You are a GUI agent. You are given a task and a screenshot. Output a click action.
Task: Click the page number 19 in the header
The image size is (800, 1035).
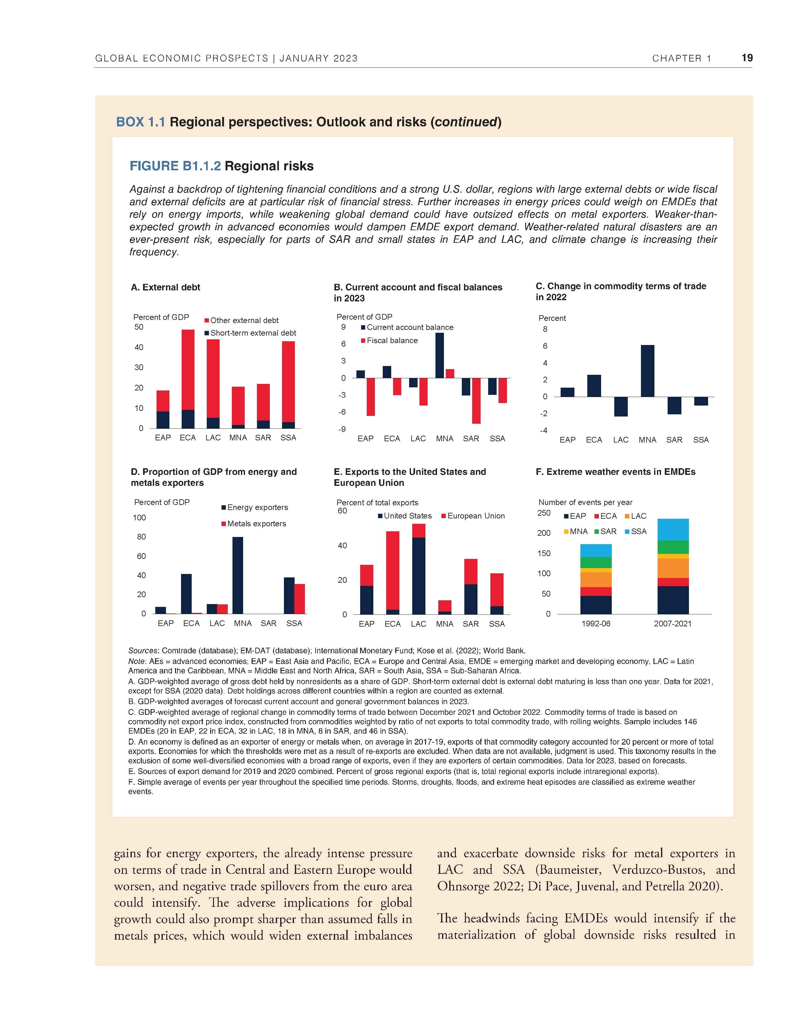747,58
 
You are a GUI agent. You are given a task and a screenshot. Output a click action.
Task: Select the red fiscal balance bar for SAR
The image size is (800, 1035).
476,401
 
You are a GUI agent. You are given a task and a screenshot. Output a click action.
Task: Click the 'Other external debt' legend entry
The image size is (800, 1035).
244,320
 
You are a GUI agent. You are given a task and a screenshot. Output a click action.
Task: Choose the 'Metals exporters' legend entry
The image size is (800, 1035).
256,524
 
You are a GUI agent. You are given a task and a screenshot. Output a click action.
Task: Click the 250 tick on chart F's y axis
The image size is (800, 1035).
544,513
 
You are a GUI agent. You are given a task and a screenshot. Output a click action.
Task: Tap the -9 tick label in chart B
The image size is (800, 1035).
342,429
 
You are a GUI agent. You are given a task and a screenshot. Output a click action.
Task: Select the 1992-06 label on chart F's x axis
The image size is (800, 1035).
596,624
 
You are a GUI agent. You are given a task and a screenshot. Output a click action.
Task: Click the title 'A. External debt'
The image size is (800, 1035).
165,287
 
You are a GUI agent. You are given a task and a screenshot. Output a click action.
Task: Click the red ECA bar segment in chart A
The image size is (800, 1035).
188,370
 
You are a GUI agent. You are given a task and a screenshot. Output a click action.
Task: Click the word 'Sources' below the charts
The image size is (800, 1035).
144,651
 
